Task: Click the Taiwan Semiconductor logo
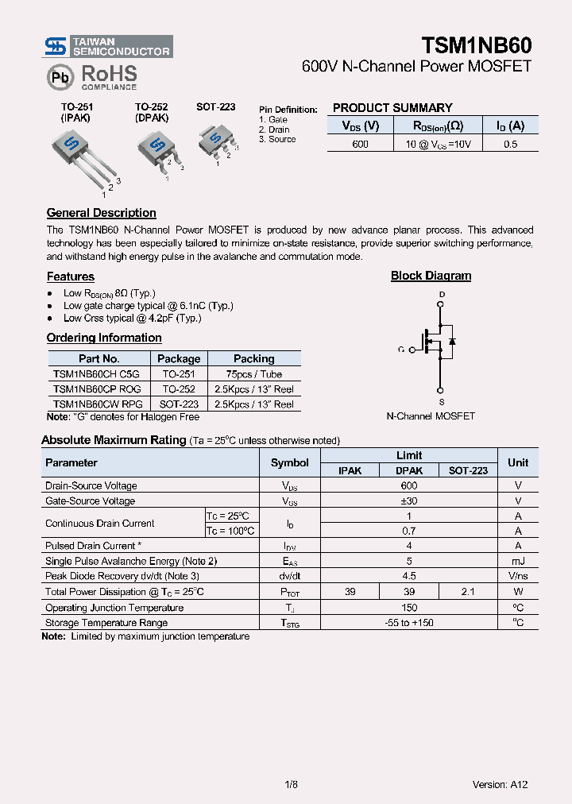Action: pos(108,46)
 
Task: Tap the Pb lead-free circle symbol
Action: pos(60,77)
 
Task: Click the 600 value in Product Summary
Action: pos(360,144)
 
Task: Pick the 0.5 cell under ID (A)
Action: pos(510,144)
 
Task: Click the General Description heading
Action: pos(101,213)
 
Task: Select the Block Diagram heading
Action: pos(431,276)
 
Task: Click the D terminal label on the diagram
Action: pos(442,295)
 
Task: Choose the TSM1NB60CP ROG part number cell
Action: pos(97,389)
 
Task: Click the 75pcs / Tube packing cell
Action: pos(253,374)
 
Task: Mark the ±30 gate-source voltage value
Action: pos(408,501)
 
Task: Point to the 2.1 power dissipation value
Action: pos(468,592)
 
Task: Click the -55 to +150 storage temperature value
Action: pos(408,623)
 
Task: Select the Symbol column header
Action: pos(289,462)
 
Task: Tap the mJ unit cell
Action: pos(518,561)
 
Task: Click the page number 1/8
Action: pos(290,784)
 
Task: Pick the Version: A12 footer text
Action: pos(500,784)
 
